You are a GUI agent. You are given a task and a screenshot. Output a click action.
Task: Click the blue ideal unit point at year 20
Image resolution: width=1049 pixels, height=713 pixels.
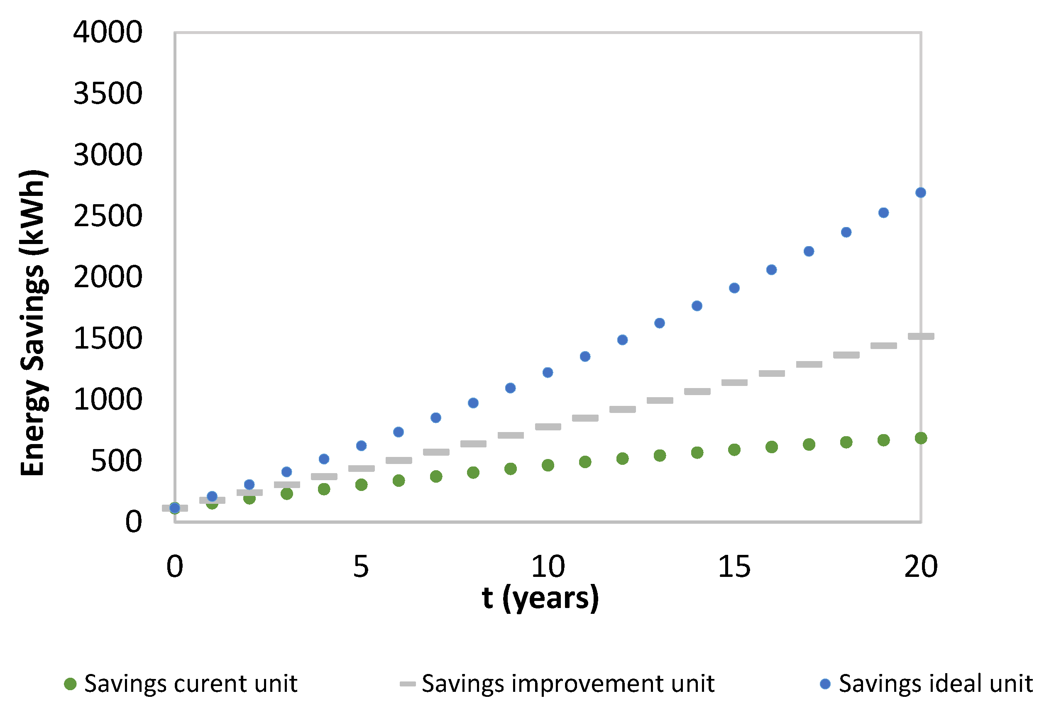point(920,193)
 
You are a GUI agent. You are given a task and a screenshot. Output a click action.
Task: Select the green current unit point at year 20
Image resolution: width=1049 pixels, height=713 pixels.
point(921,438)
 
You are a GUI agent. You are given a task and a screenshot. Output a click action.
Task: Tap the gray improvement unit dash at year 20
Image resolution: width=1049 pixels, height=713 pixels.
point(921,336)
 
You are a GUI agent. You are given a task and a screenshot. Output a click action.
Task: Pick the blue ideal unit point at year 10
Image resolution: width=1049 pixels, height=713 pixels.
point(548,372)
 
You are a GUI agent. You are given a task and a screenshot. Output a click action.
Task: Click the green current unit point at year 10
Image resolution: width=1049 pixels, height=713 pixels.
point(548,465)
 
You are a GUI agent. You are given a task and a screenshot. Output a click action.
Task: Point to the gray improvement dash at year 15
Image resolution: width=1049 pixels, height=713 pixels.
point(734,382)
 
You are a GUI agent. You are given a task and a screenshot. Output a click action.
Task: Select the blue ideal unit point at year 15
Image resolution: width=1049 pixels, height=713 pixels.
point(734,288)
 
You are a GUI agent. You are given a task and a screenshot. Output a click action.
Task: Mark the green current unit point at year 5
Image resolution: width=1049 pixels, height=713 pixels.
point(361,485)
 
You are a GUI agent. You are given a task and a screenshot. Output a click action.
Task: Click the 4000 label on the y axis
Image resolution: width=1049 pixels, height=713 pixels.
point(108,32)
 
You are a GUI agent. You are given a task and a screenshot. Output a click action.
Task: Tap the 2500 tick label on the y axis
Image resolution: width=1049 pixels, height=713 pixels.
point(108,216)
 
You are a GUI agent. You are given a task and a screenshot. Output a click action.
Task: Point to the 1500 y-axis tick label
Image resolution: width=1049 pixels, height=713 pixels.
point(108,339)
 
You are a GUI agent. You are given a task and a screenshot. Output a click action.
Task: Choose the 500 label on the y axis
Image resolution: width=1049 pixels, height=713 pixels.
point(116,461)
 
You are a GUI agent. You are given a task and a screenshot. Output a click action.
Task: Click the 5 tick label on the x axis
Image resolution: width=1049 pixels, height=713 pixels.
point(361,566)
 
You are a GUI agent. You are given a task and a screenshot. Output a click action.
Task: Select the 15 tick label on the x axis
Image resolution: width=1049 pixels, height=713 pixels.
point(734,566)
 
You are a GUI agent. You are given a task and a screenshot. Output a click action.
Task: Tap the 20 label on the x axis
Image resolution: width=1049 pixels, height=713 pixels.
point(921,566)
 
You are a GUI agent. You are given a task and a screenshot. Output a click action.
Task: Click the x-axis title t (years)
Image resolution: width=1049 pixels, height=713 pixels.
point(540,598)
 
